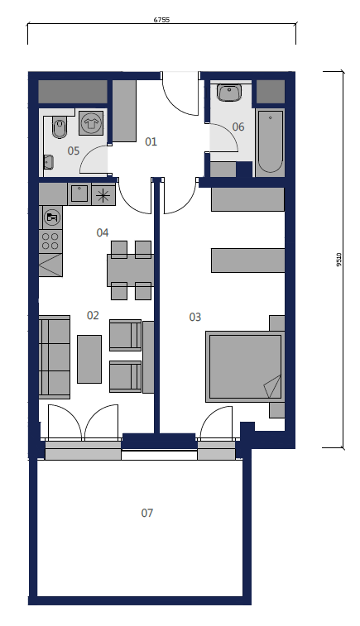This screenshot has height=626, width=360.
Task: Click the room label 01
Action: tap(151, 141)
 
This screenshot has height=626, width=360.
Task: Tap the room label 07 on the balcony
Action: tap(147, 513)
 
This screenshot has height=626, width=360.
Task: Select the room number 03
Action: tap(195, 317)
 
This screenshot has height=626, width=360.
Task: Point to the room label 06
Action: tap(238, 127)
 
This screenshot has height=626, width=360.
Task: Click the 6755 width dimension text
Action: tap(161, 20)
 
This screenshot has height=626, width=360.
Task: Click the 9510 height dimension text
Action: tap(339, 260)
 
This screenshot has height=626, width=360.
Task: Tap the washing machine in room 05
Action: tap(91, 123)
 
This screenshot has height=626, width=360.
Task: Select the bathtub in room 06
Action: tap(270, 142)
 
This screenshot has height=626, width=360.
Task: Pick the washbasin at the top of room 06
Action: tap(229, 93)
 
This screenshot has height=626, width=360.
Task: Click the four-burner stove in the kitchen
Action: tap(50, 241)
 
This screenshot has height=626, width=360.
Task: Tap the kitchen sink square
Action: tap(79, 194)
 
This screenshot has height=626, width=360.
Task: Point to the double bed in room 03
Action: tap(245, 366)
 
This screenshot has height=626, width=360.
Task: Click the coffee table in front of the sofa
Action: tap(89, 359)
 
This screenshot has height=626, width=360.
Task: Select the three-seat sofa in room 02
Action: tap(55, 357)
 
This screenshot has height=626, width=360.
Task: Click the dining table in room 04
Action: tap(130, 270)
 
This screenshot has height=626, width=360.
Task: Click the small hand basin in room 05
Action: tap(49, 162)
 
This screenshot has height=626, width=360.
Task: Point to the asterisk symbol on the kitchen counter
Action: tap(103, 195)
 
